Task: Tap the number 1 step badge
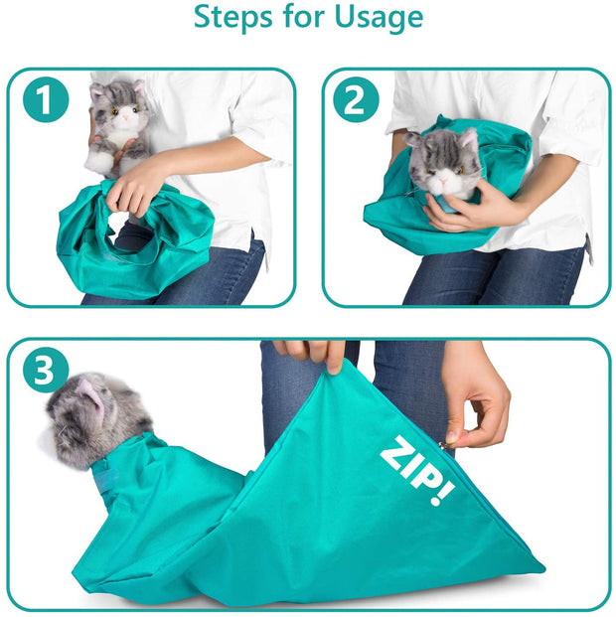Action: coord(45,100)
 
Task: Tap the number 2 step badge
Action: coord(357,100)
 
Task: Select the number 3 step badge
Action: coord(46,371)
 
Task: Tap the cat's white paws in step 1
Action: coord(101,158)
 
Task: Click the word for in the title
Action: coord(307,18)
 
